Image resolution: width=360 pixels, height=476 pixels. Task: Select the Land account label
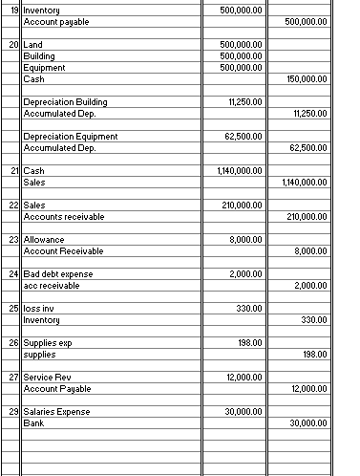pos(31,46)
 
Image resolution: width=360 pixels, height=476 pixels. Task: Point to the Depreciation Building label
pos(64,101)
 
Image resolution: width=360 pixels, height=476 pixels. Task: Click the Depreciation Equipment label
pos(70,137)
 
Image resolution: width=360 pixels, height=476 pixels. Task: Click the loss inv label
pos(38,309)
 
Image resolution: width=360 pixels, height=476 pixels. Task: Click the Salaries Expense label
pos(55,411)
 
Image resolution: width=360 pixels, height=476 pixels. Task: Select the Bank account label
pos(33,422)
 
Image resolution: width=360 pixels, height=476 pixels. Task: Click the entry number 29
pos(12,411)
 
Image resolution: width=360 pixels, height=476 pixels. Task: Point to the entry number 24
pos(12,274)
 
